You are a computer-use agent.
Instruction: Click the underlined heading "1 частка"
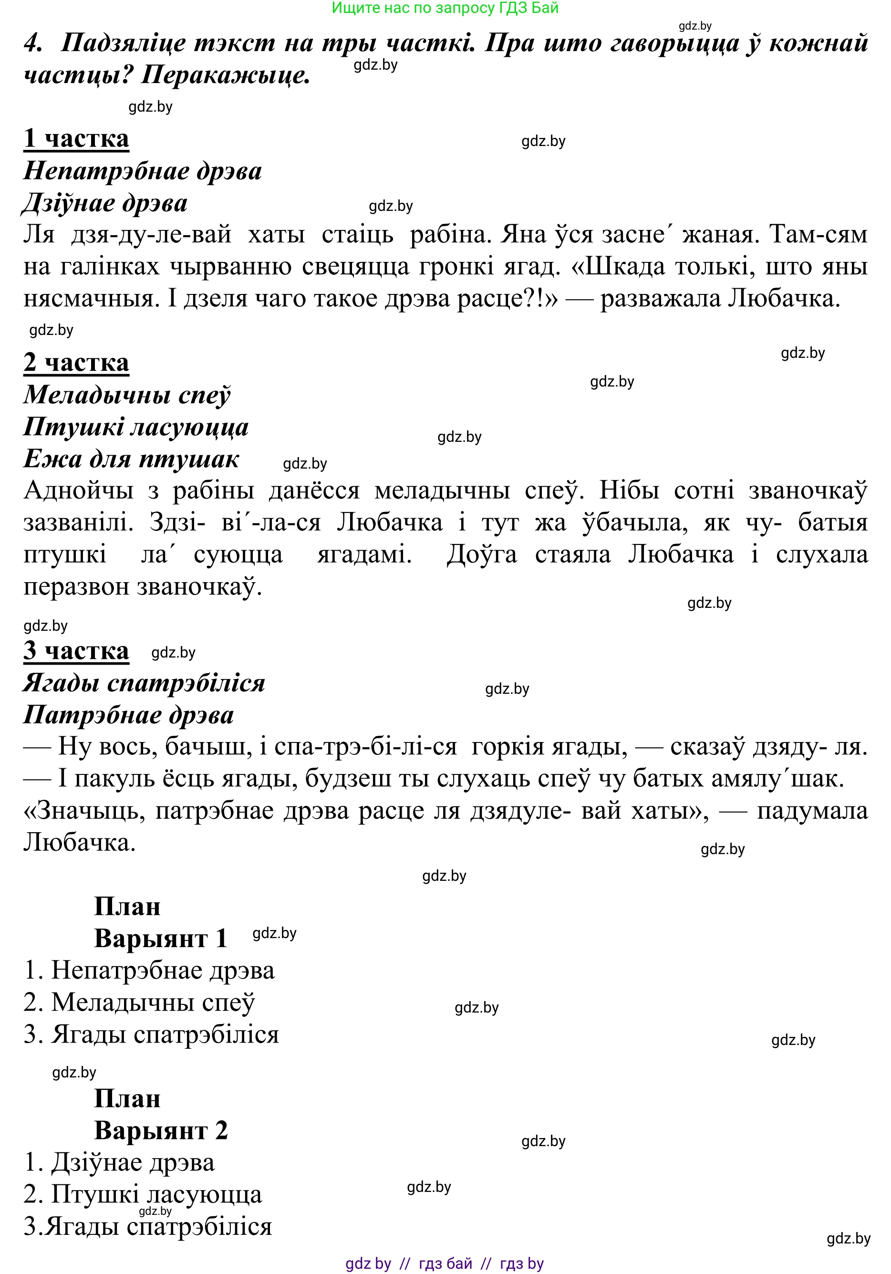click(x=76, y=139)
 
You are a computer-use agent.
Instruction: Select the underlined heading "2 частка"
click(x=76, y=363)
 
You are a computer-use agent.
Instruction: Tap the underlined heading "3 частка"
click(x=76, y=650)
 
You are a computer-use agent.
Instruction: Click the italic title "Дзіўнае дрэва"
click(x=105, y=204)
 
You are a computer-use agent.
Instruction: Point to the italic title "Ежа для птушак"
click(x=131, y=459)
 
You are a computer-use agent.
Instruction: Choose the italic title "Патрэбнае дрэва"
click(x=128, y=715)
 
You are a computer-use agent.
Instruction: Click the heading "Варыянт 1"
click(x=161, y=938)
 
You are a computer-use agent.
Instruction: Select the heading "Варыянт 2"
click(x=161, y=1130)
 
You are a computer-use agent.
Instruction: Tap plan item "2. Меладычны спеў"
click(x=139, y=1002)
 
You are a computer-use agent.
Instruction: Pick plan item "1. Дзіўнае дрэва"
click(x=119, y=1162)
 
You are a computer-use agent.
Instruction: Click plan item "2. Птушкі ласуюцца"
click(x=143, y=1194)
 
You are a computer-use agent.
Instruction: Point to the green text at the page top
click(x=445, y=8)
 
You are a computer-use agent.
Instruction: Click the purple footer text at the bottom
click(x=445, y=1264)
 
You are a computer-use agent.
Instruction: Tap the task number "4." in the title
click(x=33, y=43)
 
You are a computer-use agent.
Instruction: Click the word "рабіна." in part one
click(x=450, y=235)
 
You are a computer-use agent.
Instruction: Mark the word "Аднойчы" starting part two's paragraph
click(x=78, y=491)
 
